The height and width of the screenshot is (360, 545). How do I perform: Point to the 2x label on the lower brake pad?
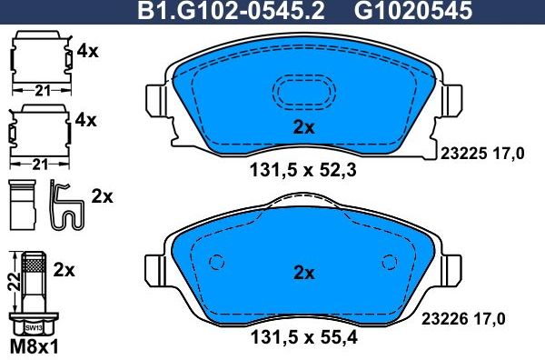tap(303, 272)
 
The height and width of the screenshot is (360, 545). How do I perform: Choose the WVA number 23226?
tap(460, 317)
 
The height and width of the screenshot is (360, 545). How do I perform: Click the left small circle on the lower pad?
tap(216, 263)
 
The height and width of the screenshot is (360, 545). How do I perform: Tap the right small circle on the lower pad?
tap(391, 263)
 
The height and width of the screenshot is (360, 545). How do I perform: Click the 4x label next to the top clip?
tap(87, 52)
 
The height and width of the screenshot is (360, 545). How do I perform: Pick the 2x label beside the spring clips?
tap(103, 196)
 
